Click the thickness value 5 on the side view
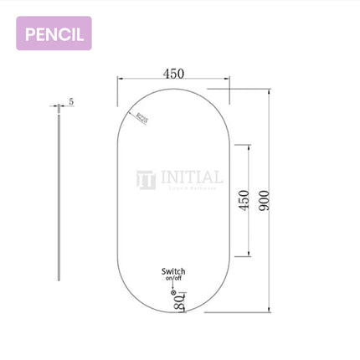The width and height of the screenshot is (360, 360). coord(71,101)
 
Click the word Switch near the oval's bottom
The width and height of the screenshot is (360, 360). coord(174,271)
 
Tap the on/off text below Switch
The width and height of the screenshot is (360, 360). coord(174,280)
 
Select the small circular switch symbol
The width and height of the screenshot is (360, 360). coord(173,292)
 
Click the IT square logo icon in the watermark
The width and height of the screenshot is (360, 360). coord(147,178)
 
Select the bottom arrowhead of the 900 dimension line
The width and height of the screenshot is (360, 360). coord(270,311)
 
